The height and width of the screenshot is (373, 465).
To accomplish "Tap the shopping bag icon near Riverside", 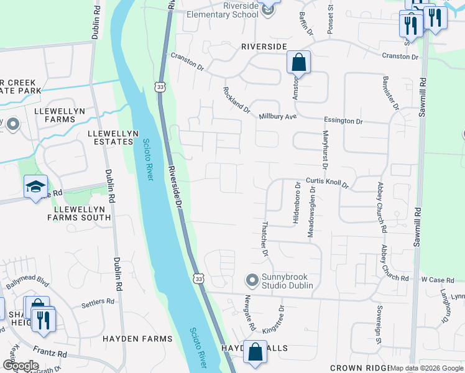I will pos(298,62).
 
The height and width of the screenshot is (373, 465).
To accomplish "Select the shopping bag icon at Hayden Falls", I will pos(255,352).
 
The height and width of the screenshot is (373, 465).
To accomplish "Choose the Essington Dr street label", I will pos(343,121).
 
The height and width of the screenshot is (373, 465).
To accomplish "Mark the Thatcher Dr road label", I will pos(264,239).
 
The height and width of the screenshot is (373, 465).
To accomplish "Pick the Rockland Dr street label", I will pos(237,100).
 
